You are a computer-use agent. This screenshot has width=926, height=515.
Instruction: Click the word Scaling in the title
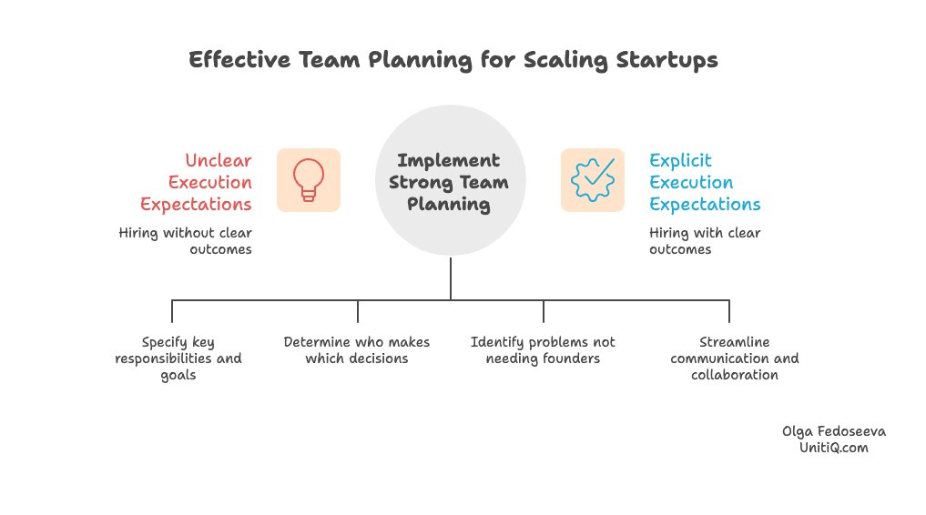pyautogui.click(x=565, y=60)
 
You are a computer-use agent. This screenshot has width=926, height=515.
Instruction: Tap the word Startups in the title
pyautogui.click(x=667, y=60)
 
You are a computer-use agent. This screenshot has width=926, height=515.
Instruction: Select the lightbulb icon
pyautogui.click(x=309, y=180)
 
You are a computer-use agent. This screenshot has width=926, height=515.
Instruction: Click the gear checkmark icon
pyautogui.click(x=592, y=180)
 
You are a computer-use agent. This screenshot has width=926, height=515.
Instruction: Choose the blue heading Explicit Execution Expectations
pyautogui.click(x=704, y=182)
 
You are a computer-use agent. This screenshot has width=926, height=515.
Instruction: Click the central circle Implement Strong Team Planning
pyautogui.click(x=450, y=180)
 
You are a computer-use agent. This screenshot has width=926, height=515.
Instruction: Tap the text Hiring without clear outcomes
pyautogui.click(x=186, y=241)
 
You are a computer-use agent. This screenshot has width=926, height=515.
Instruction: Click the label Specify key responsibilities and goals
pyautogui.click(x=178, y=358)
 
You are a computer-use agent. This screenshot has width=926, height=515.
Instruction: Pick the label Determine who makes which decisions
pyautogui.click(x=356, y=350)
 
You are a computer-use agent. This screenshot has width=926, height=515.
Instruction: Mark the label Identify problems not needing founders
pyautogui.click(x=543, y=350)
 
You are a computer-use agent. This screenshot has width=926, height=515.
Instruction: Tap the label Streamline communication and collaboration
pyautogui.click(x=734, y=358)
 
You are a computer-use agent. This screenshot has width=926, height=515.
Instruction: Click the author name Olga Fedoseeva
pyautogui.click(x=833, y=431)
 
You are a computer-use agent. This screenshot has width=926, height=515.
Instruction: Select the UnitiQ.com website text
pyautogui.click(x=833, y=448)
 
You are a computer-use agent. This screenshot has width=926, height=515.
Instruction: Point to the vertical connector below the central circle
pyautogui.click(x=451, y=278)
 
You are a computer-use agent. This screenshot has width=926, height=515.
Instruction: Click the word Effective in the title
pyautogui.click(x=239, y=60)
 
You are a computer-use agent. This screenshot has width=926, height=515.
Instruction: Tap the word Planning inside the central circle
pyautogui.click(x=449, y=204)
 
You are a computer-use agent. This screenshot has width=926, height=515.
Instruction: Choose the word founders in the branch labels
pyautogui.click(x=571, y=358)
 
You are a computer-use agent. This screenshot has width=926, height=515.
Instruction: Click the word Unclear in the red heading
pyautogui.click(x=219, y=160)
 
